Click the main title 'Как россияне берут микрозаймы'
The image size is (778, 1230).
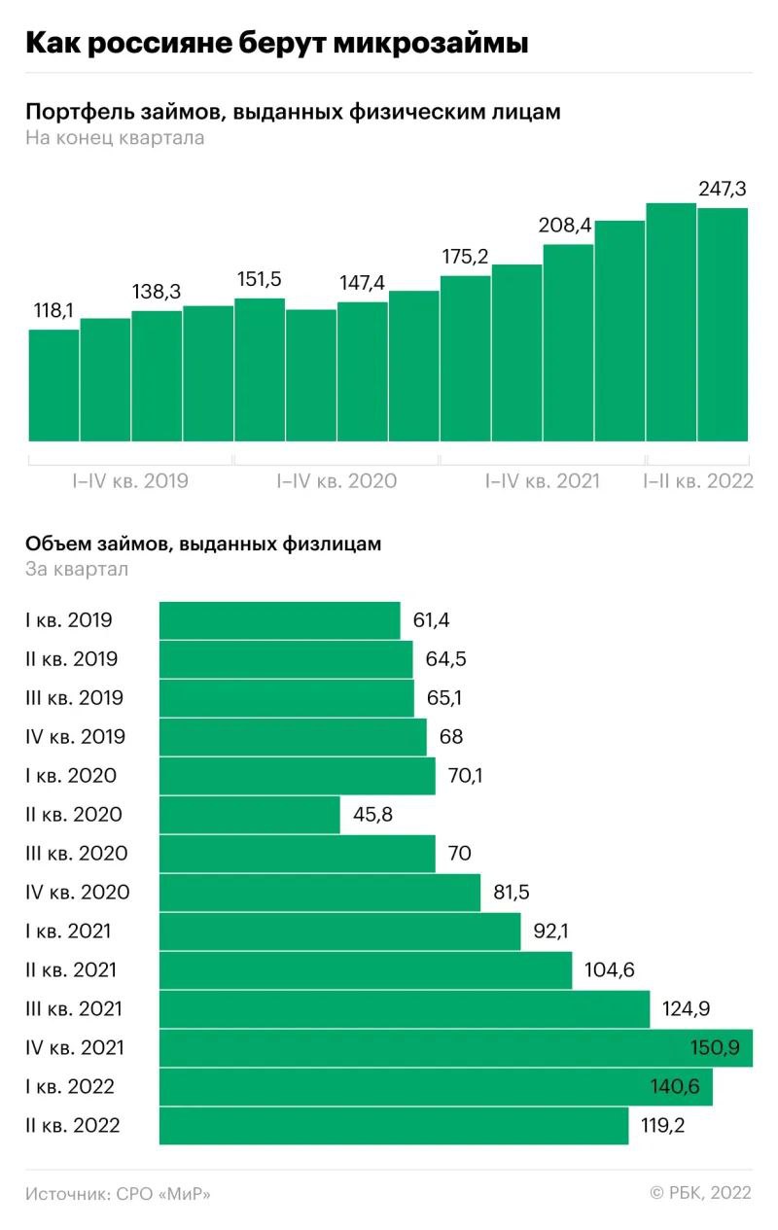pos(276,44)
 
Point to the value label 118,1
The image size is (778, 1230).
pos(54,311)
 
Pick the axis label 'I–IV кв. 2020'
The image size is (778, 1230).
pos(336,480)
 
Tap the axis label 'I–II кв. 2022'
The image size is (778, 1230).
pos(698,480)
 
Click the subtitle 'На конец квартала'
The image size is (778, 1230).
pos(115,138)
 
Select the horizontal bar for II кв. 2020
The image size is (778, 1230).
pos(250,815)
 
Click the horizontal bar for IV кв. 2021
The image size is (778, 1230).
pos(455,1048)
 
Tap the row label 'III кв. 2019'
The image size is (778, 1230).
pos(75,698)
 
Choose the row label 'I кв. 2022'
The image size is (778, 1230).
pos(70,1087)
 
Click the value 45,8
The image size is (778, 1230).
pos(372,815)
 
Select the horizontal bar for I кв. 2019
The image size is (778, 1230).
pos(279,620)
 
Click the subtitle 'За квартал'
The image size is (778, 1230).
pos(77,569)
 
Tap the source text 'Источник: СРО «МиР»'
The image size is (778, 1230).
pos(118,1193)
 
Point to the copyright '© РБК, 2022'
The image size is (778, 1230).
pos(700,1193)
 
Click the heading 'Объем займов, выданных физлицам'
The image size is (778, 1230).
pos(203,545)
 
